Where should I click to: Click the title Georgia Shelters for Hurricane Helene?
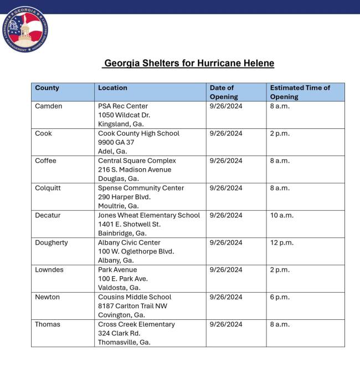[188, 63]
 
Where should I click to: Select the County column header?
[47, 88]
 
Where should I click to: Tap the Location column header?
[112, 88]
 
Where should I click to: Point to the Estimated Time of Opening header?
[300, 92]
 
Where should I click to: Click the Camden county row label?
[49, 106]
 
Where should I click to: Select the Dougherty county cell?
[52, 243]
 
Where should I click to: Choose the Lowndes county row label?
[49, 270]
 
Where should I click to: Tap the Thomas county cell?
[48, 324]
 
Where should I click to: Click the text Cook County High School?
[138, 133]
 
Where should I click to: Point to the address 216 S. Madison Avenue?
[135, 170]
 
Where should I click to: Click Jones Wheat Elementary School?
[149, 215]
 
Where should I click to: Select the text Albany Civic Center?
[129, 243]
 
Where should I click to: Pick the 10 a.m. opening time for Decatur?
[282, 215]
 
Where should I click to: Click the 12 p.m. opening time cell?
[282, 243]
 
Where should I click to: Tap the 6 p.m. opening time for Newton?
[280, 297]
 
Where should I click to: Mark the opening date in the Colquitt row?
[226, 188]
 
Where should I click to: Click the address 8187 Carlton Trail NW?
[132, 306]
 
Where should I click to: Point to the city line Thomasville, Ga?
[124, 343]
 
